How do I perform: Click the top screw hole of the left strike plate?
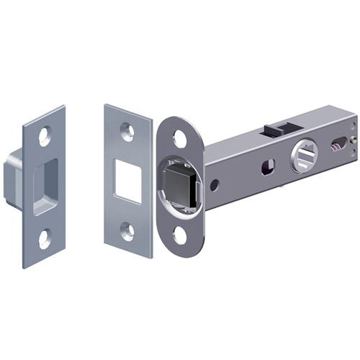[45, 134]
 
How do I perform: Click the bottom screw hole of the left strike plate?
[45, 238]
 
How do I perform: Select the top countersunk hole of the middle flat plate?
[127, 131]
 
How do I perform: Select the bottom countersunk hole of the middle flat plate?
[127, 231]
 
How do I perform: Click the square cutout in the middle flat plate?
[128, 179]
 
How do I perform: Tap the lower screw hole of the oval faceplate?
[179, 235]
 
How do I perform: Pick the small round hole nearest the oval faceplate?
[214, 184]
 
